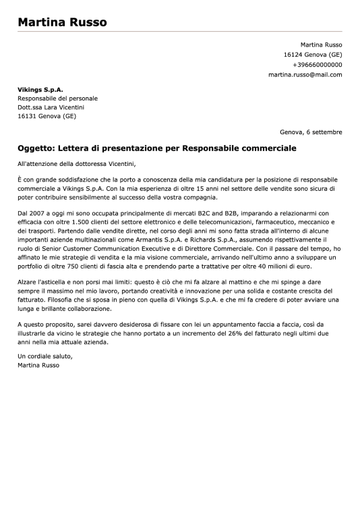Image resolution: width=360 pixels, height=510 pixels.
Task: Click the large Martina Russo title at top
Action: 62,22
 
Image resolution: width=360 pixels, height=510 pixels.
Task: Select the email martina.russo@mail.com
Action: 305,75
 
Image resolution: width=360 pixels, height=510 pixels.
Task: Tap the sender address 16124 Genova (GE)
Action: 313,55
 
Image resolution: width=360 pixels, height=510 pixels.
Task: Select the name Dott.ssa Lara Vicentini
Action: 51,107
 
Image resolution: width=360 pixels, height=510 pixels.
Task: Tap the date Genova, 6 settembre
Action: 311,132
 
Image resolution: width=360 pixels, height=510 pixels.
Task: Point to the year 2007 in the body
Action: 40,213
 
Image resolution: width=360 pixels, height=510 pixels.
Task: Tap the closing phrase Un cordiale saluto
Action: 44,356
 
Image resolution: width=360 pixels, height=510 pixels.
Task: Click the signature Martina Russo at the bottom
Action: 38,365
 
